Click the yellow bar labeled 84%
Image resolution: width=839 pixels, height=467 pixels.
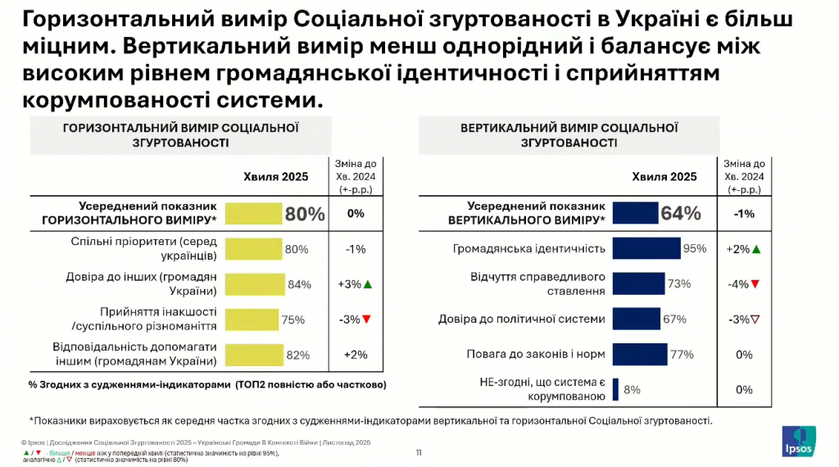pos(254,284)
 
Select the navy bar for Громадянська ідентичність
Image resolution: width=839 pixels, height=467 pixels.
pos(646,249)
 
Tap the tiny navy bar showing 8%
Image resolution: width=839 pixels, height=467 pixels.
pos(615,390)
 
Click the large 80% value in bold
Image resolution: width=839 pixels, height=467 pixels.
pos(305,214)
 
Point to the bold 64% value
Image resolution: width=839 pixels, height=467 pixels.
pos(681,214)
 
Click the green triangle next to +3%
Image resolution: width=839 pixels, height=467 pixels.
pos(368,284)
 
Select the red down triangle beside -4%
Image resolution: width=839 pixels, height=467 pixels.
pos(755,284)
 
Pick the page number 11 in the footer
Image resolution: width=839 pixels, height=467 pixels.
pos(419,452)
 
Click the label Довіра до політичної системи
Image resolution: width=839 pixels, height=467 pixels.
pos(522,320)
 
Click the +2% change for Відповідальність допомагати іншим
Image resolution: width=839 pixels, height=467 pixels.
pos(356,355)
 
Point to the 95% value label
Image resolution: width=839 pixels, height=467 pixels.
pos(695,249)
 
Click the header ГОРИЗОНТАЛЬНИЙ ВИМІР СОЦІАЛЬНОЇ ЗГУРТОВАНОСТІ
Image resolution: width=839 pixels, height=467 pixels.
pos(180,135)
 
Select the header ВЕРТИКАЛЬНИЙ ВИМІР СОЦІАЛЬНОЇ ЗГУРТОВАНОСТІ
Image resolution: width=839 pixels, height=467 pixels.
pos(569,135)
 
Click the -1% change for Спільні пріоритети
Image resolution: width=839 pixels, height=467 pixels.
pos(356,249)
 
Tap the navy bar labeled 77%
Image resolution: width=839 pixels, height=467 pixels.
pos(640,355)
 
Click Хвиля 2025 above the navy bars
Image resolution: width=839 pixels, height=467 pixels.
pos(664,176)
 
